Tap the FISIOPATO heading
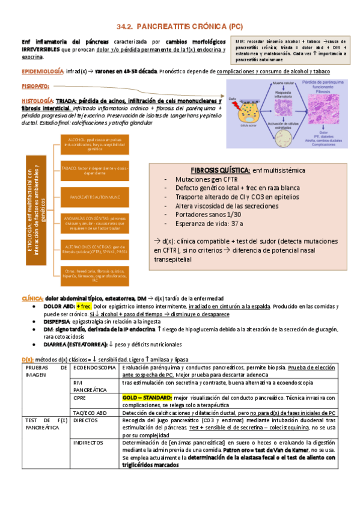pyautogui.click(x=35, y=87)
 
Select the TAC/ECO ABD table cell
pyautogui.click(x=89, y=412)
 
